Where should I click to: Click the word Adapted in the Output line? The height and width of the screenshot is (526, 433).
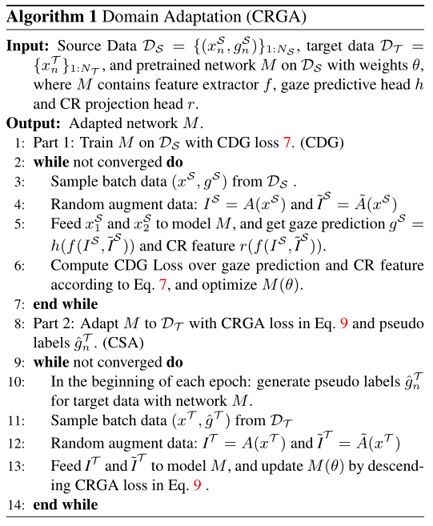click(96, 124)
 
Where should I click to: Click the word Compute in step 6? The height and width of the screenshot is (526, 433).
click(78, 264)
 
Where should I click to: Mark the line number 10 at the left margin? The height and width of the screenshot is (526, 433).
click(18, 380)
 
